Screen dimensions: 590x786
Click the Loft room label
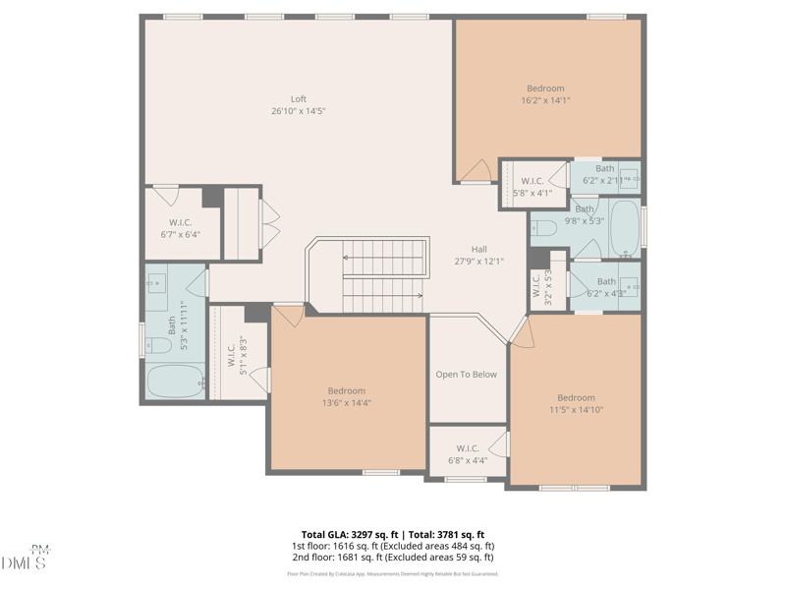(298, 99)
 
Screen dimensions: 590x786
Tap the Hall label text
(478, 250)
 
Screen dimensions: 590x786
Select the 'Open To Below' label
(466, 375)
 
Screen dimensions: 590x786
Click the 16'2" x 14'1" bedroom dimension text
(545, 100)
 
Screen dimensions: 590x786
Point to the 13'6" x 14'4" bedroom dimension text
(346, 403)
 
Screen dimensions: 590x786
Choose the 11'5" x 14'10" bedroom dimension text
(576, 410)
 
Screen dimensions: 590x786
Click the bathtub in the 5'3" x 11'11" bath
(175, 381)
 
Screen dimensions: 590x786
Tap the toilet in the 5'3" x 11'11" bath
(158, 345)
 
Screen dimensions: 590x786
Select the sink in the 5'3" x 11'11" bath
(157, 288)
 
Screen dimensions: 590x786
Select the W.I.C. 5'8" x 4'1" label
(532, 187)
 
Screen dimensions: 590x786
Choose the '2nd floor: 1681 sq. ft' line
(392, 558)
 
